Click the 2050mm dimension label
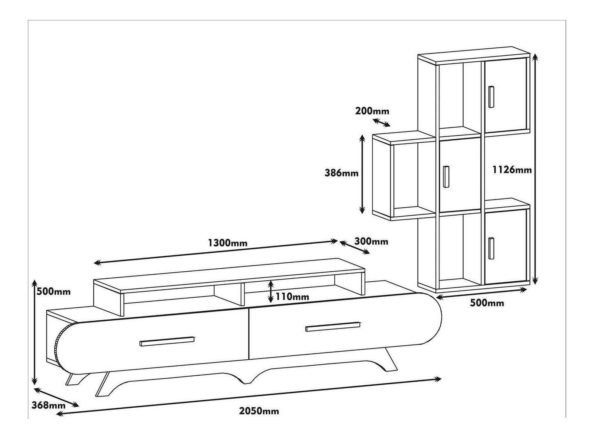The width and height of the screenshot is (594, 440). pos(259,411)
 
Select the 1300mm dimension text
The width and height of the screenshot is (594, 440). pos(228,243)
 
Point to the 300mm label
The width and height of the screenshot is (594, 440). pos(371,242)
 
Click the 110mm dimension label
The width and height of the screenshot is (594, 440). pos(292,297)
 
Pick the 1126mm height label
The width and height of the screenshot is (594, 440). pos(512,170)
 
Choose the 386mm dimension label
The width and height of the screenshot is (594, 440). pos(342,173)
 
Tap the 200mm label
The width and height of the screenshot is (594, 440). pos(372,111)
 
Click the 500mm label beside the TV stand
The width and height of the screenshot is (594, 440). pos(53,291)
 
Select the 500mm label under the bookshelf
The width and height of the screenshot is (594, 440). pos(487,303)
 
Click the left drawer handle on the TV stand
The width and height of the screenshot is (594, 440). pos(167,342)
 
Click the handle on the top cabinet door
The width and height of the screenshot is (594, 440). pos(492,97)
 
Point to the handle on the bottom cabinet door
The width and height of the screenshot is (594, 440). pos(492,247)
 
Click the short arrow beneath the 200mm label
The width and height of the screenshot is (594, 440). pos(382,122)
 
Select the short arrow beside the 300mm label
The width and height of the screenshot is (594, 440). pos(355,247)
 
